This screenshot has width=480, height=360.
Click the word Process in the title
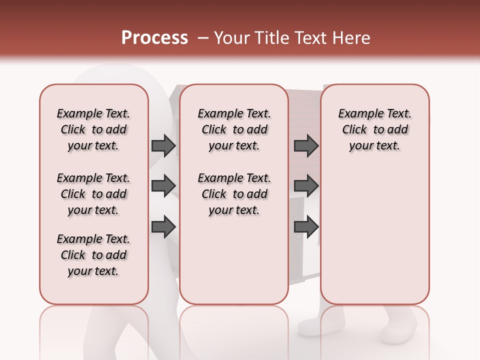tap(154, 38)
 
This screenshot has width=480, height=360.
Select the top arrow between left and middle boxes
tap(163, 145)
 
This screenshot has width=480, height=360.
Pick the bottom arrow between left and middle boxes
tap(163, 227)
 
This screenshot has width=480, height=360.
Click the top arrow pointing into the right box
tap(306, 145)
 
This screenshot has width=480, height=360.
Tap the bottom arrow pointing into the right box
tap(306, 227)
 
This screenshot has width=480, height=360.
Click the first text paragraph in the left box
tap(93, 129)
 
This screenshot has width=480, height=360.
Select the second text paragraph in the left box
tap(93, 194)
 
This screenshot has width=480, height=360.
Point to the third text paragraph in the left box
tap(93, 255)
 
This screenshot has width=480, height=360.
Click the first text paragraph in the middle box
tap(234, 129)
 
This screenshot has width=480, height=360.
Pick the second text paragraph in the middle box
tap(234, 194)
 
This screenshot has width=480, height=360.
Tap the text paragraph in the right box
tap(375, 129)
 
